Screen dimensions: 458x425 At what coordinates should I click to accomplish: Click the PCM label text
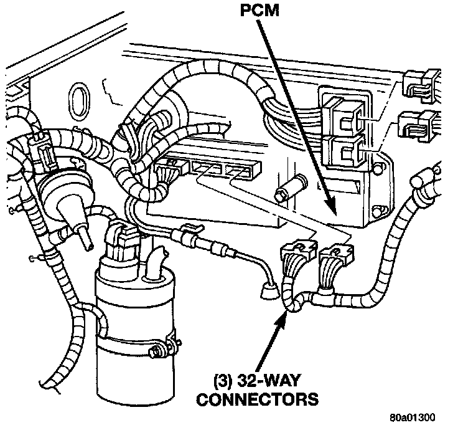(259, 10)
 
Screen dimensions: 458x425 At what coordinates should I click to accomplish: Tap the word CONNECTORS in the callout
(258, 399)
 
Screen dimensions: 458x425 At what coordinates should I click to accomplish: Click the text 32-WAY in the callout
(268, 381)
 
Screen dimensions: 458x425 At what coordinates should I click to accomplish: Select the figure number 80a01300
(412, 417)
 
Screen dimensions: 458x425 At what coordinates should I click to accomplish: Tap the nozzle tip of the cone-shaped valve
(88, 244)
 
